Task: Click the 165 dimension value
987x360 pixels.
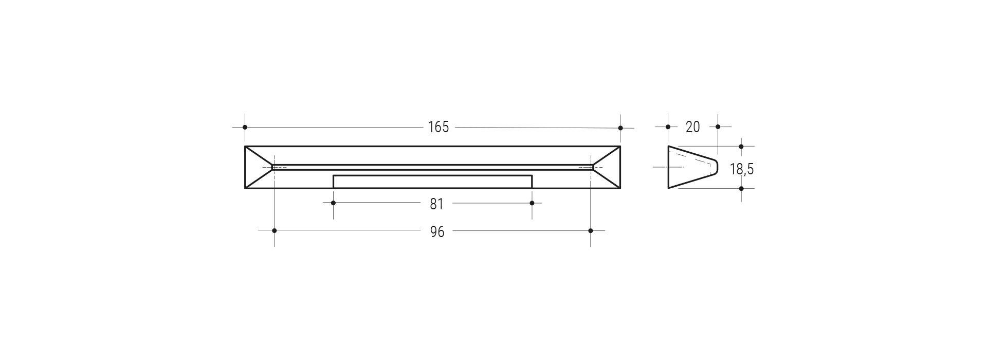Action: [x=438, y=127]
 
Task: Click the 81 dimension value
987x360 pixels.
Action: [x=436, y=204]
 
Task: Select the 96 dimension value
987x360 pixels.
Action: [x=437, y=232]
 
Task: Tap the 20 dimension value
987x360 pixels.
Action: [x=693, y=127]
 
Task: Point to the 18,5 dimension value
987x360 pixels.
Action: [x=742, y=169]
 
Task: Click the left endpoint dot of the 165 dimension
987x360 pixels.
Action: [x=245, y=127]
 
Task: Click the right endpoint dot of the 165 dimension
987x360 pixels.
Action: [x=620, y=128]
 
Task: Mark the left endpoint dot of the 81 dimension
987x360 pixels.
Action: [x=333, y=203]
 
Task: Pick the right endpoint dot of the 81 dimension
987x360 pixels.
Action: [x=532, y=203]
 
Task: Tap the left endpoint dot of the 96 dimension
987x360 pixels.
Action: [x=274, y=230]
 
